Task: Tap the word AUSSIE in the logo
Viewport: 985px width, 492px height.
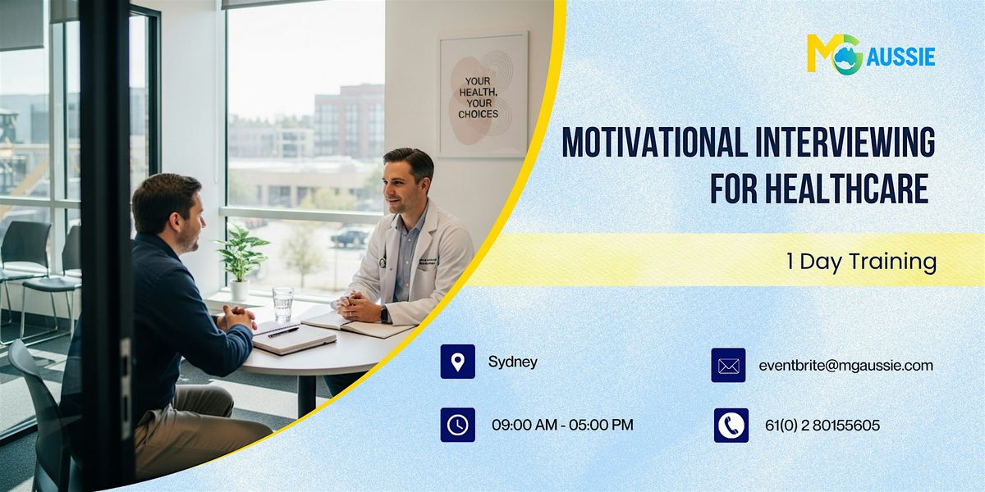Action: (x=900, y=57)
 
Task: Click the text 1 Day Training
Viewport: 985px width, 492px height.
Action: (x=861, y=262)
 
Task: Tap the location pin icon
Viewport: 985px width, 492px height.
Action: (x=457, y=362)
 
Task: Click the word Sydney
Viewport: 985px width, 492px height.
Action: (x=512, y=362)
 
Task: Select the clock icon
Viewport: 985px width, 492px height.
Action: (x=457, y=425)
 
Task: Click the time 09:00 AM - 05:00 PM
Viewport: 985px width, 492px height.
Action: (x=562, y=426)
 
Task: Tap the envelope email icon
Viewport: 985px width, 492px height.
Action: (x=728, y=366)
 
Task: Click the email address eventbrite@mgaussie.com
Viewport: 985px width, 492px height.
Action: (x=845, y=366)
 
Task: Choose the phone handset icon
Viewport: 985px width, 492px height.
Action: (x=731, y=426)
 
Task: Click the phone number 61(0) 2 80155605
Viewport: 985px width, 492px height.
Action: (x=820, y=426)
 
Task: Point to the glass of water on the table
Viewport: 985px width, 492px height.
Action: (x=282, y=303)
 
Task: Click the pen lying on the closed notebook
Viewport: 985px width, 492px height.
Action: (x=282, y=332)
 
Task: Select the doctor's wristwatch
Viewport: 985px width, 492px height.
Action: (x=384, y=314)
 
